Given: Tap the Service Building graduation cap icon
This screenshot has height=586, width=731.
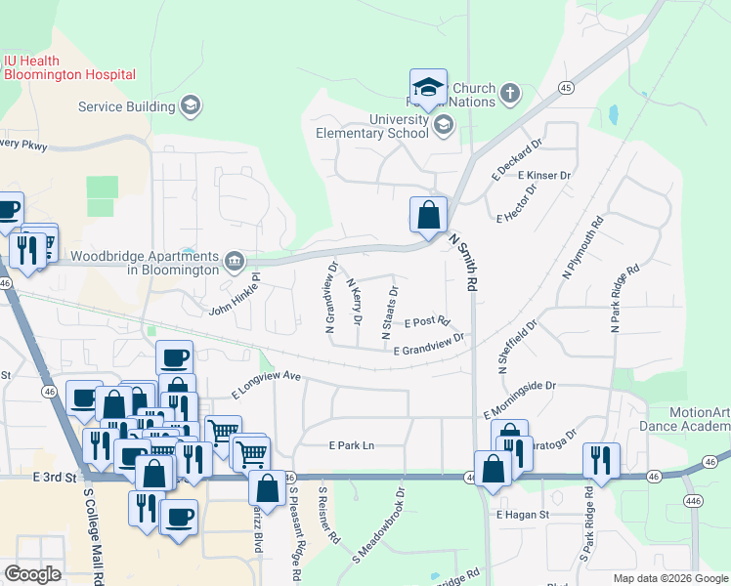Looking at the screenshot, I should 191,105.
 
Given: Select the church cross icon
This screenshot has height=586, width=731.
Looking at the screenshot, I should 508,94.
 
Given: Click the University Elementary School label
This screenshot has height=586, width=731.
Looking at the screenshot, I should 371,126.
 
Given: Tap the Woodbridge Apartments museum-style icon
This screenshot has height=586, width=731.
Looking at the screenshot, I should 235,261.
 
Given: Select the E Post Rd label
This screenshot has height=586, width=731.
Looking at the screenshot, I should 426,321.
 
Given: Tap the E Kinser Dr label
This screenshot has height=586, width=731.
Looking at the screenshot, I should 544,175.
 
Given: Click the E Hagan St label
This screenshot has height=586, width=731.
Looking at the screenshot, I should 524,514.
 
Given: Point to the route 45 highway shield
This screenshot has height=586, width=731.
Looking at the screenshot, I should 566,87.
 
